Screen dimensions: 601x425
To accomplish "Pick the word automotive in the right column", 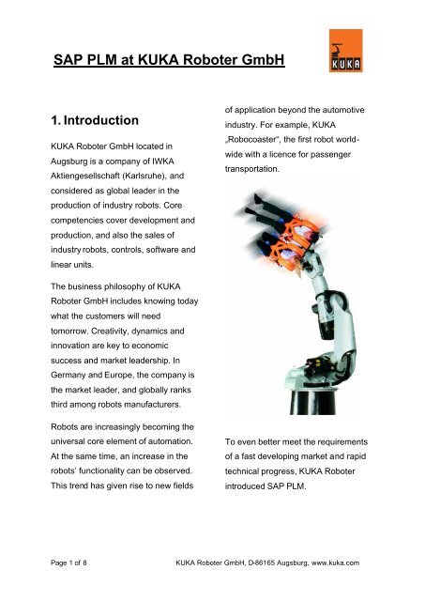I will (372, 103).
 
